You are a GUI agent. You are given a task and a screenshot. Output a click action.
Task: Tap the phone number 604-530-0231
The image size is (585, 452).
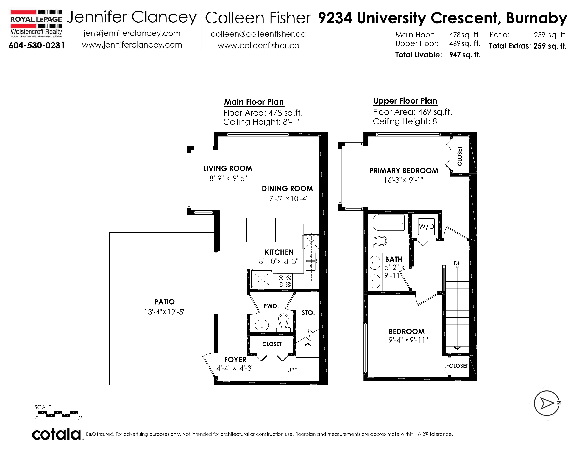click(37, 46)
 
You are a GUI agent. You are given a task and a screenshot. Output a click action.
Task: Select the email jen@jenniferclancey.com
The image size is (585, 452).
click(132, 34)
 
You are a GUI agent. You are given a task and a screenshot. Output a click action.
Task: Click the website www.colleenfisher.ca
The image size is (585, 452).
click(258, 46)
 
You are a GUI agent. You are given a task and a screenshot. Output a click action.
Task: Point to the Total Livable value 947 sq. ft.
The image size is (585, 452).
click(465, 55)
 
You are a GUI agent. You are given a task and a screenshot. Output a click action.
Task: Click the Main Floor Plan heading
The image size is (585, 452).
click(254, 102)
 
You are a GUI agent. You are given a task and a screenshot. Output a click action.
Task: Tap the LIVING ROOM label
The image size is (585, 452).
click(228, 168)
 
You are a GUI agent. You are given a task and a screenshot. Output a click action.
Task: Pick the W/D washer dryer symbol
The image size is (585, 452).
click(426, 227)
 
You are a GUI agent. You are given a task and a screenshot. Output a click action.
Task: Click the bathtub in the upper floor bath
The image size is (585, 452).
click(389, 222)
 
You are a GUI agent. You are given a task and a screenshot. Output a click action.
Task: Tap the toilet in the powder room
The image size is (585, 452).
click(283, 323)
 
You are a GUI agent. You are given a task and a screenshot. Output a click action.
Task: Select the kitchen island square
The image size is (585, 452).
click(261, 230)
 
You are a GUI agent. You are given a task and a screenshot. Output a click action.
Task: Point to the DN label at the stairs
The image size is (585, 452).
click(458, 263)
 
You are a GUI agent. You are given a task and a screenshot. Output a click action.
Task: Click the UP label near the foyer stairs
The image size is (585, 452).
click(291, 370)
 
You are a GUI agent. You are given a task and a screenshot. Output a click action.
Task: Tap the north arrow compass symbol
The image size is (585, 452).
click(547, 403)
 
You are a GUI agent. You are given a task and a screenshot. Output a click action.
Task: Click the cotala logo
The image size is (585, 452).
click(57, 434)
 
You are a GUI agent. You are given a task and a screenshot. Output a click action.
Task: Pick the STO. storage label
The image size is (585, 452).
click(308, 313)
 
